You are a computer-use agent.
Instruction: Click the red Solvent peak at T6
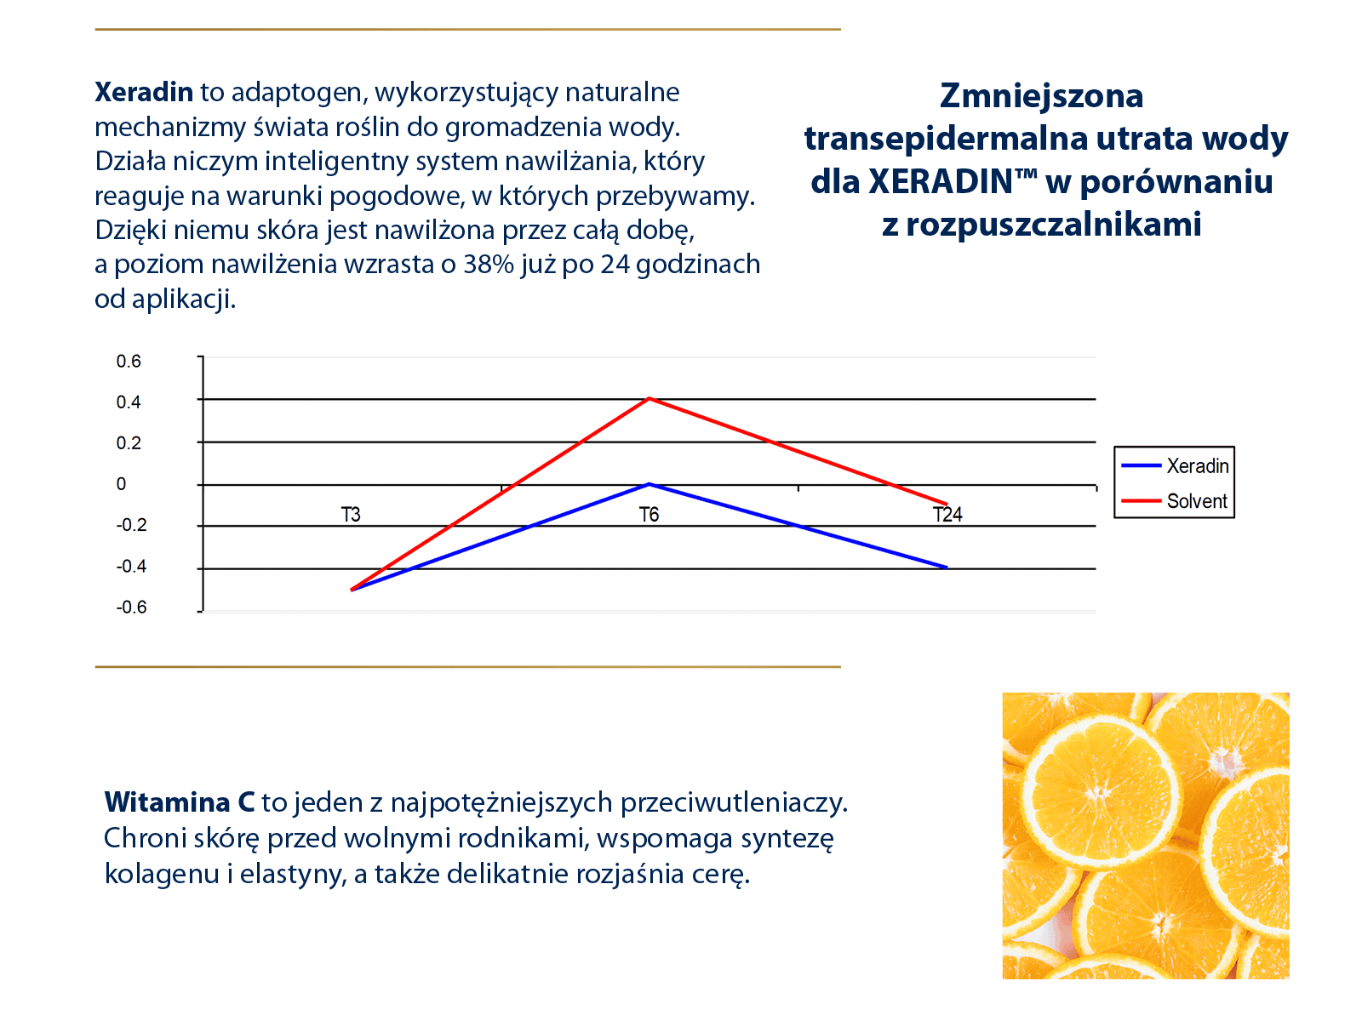click(649, 398)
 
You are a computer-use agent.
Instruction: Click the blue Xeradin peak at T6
click(649, 484)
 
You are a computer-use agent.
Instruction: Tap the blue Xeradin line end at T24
click(947, 567)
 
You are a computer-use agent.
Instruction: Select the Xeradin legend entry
click(1176, 466)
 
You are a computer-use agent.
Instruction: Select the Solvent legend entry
click(1176, 501)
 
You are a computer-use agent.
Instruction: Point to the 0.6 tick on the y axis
click(129, 362)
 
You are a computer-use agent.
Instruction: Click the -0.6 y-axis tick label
click(131, 607)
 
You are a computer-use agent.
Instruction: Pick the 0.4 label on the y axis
click(129, 402)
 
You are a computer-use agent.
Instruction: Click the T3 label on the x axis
click(351, 515)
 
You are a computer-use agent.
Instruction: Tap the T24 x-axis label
click(947, 515)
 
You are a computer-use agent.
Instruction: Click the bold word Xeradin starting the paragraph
click(144, 92)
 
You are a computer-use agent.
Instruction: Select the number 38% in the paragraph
click(489, 265)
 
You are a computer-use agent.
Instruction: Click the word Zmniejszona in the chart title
click(1041, 96)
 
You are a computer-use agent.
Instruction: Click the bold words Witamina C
click(180, 802)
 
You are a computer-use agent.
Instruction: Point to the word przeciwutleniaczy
click(733, 802)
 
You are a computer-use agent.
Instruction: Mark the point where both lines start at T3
click(352, 589)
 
